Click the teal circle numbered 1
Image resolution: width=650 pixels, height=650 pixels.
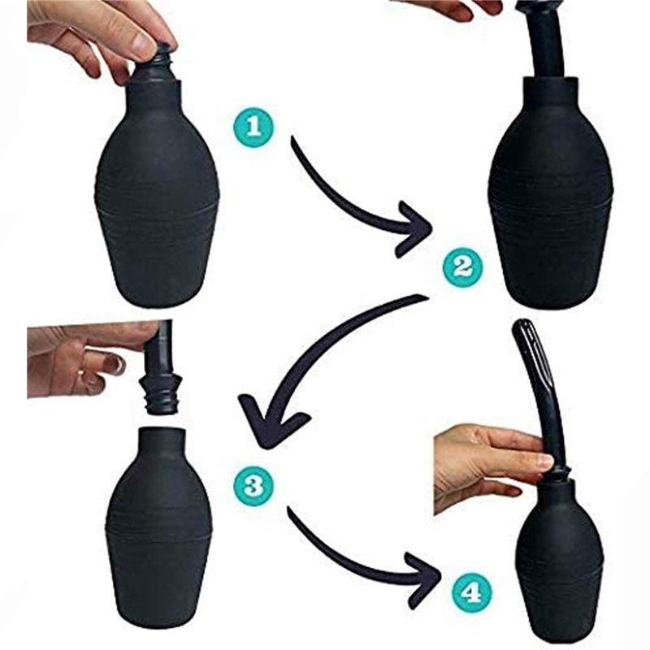pyautogui.click(x=254, y=127)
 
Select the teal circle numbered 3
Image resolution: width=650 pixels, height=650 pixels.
pyautogui.click(x=253, y=486)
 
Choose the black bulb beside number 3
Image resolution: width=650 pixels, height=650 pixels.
pyautogui.click(x=158, y=528)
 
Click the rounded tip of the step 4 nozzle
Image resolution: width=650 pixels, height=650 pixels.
pyautogui.click(x=523, y=329)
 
